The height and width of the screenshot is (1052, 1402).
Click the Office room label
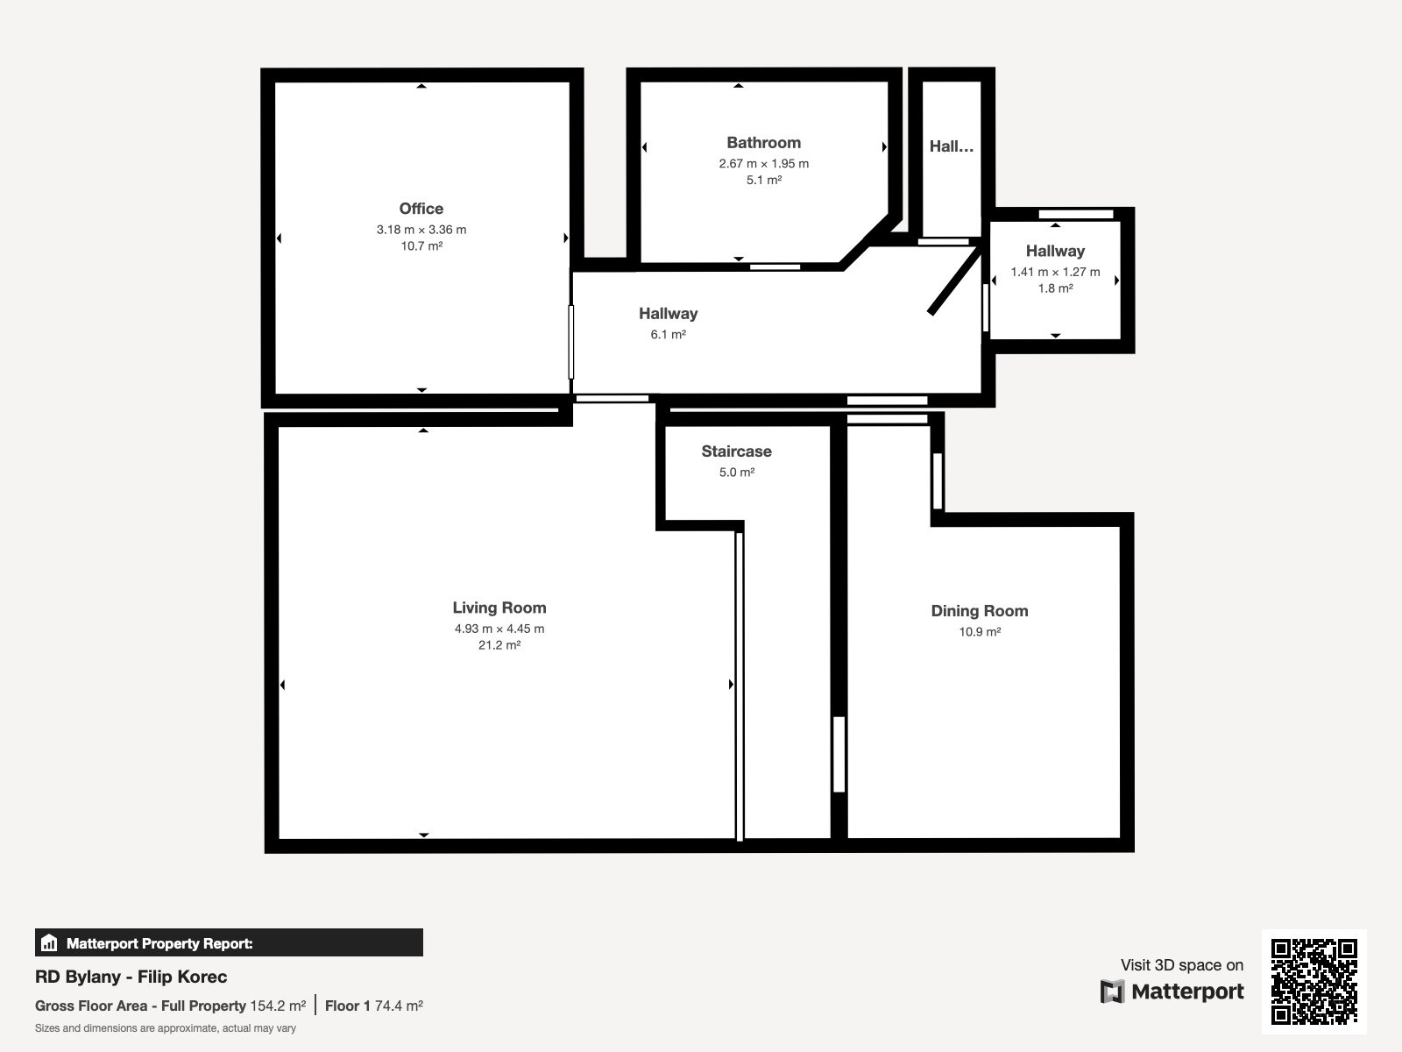click(421, 209)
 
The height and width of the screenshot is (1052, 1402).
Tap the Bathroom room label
click(763, 142)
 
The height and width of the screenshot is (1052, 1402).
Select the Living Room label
click(499, 608)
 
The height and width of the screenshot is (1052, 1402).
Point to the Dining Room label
click(979, 611)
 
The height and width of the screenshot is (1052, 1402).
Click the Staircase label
click(736, 451)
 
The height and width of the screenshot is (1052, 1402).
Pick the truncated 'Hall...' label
click(951, 146)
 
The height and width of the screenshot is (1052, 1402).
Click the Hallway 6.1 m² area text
click(668, 334)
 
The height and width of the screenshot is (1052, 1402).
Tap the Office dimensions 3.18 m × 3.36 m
click(421, 230)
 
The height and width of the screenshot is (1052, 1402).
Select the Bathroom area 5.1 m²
click(764, 180)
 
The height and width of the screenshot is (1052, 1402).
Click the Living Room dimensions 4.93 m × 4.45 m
click(499, 629)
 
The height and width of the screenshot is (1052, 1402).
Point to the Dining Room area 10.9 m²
click(979, 632)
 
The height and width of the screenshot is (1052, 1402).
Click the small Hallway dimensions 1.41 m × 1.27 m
click(1055, 272)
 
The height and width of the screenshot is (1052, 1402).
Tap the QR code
click(1313, 981)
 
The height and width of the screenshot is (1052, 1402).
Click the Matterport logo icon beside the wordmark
click(1112, 992)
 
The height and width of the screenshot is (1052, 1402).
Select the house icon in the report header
click(49, 942)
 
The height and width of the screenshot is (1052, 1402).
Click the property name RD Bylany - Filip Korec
click(131, 977)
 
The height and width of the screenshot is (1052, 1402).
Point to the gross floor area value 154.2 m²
click(278, 1006)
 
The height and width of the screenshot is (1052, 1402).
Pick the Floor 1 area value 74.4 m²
click(399, 1006)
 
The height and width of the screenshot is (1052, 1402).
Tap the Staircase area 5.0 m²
click(736, 472)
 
